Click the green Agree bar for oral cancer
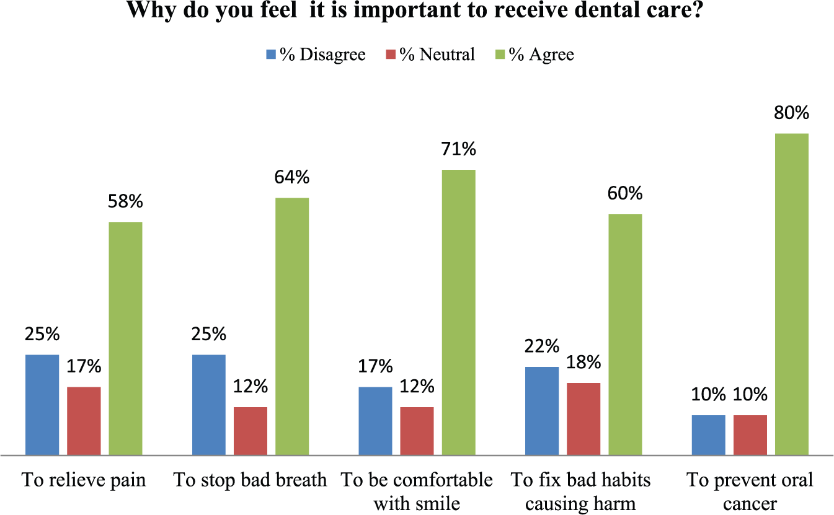click(x=792, y=294)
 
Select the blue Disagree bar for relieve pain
click(x=42, y=405)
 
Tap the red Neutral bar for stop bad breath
click(x=251, y=431)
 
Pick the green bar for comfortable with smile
click(x=459, y=312)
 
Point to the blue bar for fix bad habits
click(x=542, y=411)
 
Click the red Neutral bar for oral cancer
click(x=750, y=436)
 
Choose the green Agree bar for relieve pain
click(x=125, y=338)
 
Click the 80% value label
click(x=792, y=112)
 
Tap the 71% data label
click(x=459, y=149)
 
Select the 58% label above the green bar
click(x=125, y=201)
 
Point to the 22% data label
click(x=542, y=346)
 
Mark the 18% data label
click(x=583, y=362)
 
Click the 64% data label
click(x=292, y=177)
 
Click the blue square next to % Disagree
click(x=271, y=55)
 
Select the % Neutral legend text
click(x=437, y=55)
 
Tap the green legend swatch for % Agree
click(x=500, y=55)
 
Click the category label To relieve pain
click(x=84, y=480)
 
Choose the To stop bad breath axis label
click(x=251, y=480)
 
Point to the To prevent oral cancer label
click(x=750, y=491)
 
